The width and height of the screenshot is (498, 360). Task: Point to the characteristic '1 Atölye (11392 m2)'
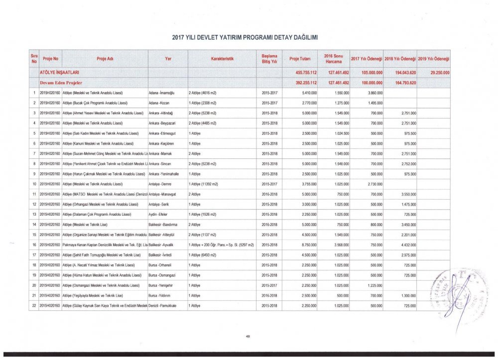pos(204,184)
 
